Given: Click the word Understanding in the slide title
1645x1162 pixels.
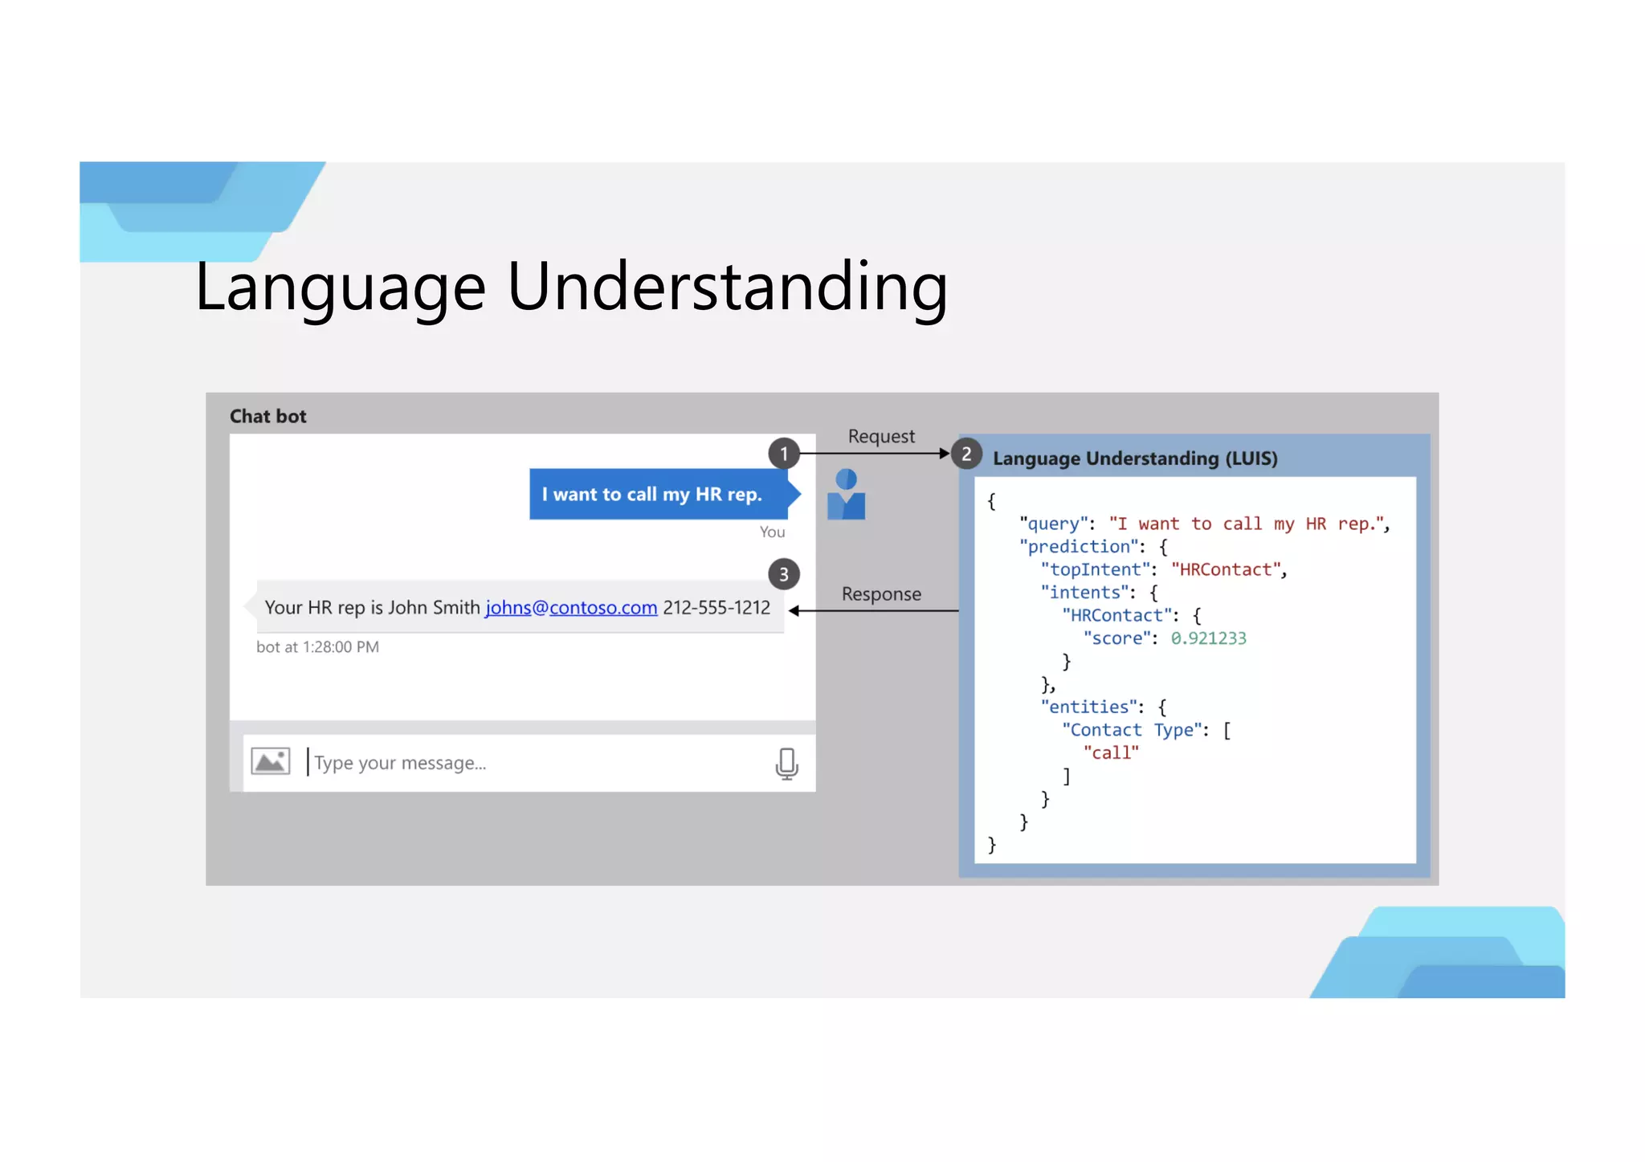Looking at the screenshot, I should click(727, 287).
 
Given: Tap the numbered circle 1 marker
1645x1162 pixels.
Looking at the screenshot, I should click(783, 454).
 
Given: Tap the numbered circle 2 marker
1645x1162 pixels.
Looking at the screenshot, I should click(966, 455).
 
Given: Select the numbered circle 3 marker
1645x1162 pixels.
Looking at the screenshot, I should click(783, 575).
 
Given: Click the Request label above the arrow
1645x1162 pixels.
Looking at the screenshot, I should click(881, 436).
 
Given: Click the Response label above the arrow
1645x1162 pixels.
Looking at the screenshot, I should click(881, 594).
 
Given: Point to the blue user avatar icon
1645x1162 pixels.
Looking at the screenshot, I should click(846, 495).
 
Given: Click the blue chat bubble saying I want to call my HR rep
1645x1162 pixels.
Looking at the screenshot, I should click(651, 495).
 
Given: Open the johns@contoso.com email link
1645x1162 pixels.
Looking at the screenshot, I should click(571, 608).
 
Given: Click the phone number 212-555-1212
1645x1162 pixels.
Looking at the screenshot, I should click(716, 608).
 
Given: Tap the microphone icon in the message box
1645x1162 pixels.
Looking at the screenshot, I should click(786, 763).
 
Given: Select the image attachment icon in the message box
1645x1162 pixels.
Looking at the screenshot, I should click(271, 761).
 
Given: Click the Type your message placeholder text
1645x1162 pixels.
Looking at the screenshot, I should click(400, 763).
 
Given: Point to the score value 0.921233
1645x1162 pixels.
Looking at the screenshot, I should click(1208, 638).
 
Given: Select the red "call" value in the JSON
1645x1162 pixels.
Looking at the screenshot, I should click(1111, 753).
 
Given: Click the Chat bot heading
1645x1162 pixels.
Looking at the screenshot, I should click(268, 416).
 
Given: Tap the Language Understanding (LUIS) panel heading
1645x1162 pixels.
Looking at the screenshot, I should click(1134, 459).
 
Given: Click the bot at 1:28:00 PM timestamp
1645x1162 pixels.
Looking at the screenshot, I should click(317, 647).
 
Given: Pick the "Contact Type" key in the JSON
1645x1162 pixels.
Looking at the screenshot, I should click(1132, 730).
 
